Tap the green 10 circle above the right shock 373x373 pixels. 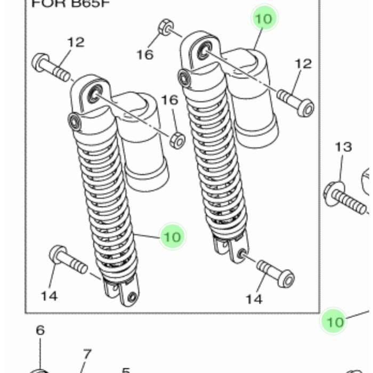click(264, 19)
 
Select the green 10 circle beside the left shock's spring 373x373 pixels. click(172, 236)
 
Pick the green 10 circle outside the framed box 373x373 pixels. click(335, 321)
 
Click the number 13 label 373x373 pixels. click(344, 147)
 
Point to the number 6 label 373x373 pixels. click(40, 330)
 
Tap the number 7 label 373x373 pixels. click(87, 354)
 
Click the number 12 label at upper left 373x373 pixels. click(76, 42)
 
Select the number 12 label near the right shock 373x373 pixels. click(303, 64)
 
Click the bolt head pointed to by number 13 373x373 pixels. click(334, 192)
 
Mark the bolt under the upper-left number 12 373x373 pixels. click(51, 67)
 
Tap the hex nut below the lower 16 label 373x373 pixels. click(177, 141)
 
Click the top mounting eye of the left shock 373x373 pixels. click(94, 95)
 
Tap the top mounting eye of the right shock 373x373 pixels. click(203, 51)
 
